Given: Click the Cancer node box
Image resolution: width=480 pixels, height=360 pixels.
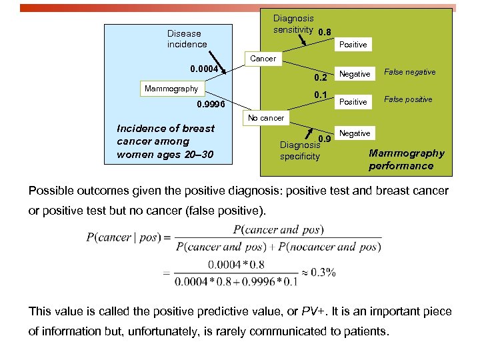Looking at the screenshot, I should pos(263,59).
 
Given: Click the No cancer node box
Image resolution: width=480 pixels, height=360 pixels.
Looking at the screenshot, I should pos(266,118).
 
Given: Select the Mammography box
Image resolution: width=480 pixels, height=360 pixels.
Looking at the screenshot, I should pos(171,89).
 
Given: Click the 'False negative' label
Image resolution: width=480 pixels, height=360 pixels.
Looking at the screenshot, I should pos(413,72).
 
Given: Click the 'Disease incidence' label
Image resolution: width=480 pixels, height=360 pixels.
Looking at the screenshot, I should pos(187,39).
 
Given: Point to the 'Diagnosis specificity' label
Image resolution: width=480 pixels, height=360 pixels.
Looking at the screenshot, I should pos(299,151).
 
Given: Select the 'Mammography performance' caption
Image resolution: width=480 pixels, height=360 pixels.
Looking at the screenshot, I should pos(406,159).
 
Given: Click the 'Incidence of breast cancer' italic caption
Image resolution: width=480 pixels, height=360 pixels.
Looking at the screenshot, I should pos(165,141).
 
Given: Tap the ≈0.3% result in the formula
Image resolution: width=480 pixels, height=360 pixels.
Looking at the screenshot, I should pos(318,272).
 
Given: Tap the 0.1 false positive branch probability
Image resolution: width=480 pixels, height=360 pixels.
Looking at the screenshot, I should pos(321,95).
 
